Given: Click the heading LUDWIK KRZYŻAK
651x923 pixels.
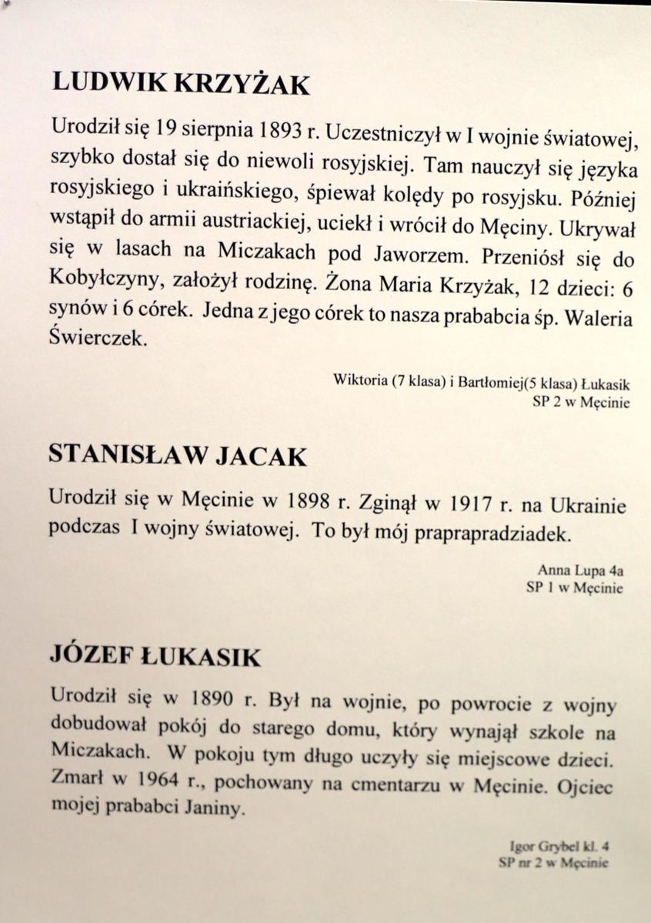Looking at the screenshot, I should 181,82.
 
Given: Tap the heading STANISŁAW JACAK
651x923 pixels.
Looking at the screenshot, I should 177,455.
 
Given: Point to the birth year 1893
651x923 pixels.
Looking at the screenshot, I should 274,128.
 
